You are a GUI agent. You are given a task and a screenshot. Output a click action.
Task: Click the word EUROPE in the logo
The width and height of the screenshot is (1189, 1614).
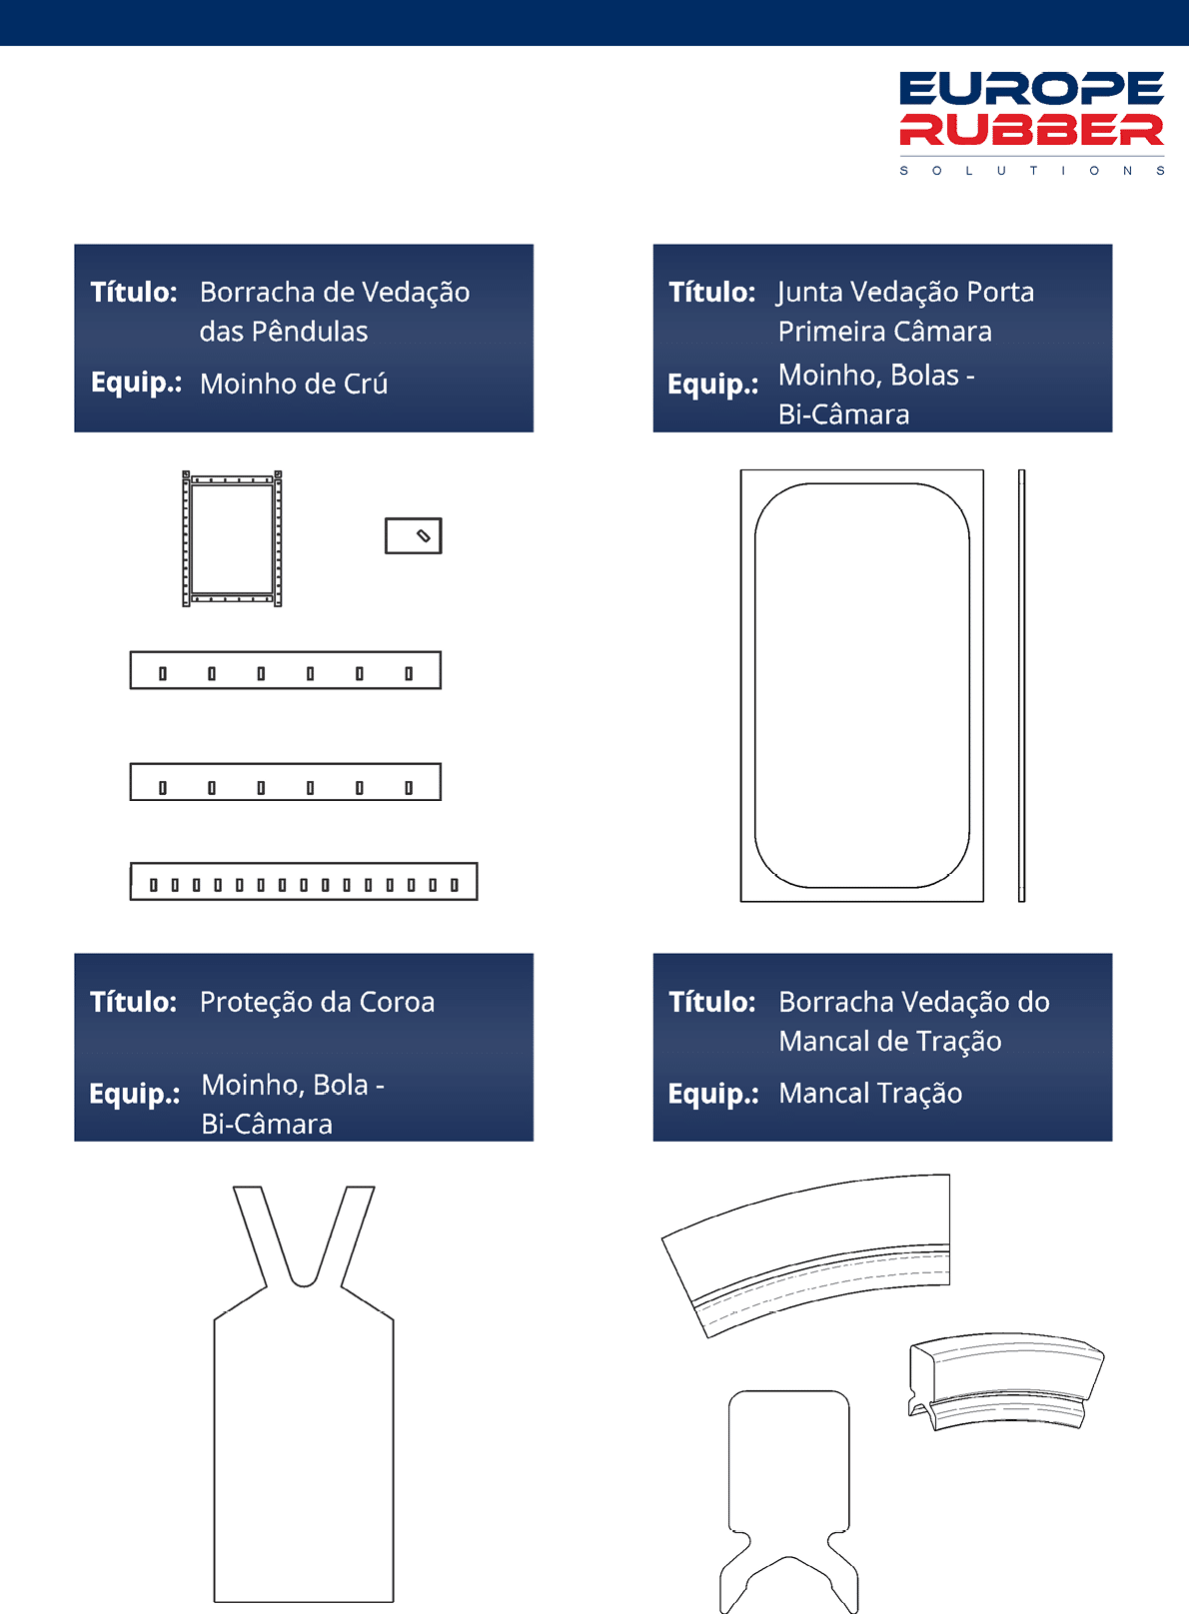[x=1031, y=89]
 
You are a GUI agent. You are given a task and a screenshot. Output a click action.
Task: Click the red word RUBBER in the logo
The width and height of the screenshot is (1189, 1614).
[x=1031, y=130]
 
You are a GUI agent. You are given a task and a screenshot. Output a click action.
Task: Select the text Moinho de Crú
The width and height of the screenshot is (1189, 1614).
[x=294, y=385]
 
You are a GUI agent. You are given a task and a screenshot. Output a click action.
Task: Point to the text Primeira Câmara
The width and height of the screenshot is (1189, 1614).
[x=885, y=332]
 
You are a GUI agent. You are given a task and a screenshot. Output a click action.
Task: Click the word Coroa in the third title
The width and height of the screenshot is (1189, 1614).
[x=397, y=1003]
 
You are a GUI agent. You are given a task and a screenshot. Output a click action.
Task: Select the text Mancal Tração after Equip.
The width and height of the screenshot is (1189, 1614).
[x=870, y=1094]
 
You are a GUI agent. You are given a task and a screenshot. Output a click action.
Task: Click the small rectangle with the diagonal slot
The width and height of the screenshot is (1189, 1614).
[x=414, y=536]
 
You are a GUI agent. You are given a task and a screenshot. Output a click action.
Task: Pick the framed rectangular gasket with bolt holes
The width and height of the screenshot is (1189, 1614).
[x=232, y=539]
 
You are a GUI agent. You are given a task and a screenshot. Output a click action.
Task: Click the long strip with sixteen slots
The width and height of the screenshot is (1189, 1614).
[x=304, y=881]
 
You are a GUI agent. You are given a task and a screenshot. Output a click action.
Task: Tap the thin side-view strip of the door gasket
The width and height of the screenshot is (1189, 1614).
[x=1022, y=685]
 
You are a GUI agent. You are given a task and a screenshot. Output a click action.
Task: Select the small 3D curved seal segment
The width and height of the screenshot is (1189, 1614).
[x=1007, y=1381]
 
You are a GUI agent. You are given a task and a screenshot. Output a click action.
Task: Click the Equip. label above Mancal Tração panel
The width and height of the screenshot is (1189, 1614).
[x=713, y=1094]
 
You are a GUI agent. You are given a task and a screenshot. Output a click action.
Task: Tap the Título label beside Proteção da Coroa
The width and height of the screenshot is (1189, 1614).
[x=134, y=1003]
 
